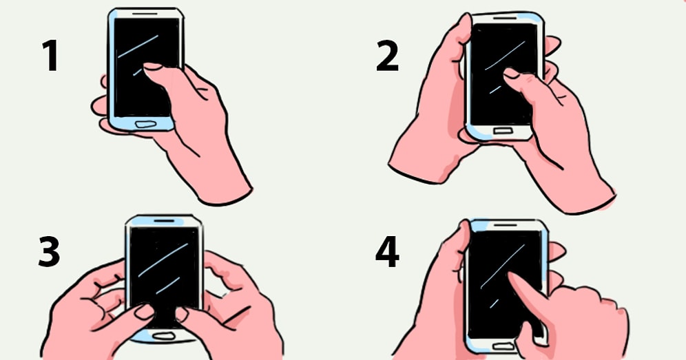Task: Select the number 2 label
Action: point(387,56)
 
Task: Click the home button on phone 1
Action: point(145,124)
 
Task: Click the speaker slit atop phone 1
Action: point(145,13)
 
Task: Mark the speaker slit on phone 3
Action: point(164,221)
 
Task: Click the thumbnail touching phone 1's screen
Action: point(152,66)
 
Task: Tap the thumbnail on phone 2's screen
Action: point(512,73)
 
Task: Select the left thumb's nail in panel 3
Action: point(145,311)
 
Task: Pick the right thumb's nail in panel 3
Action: point(181,314)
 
